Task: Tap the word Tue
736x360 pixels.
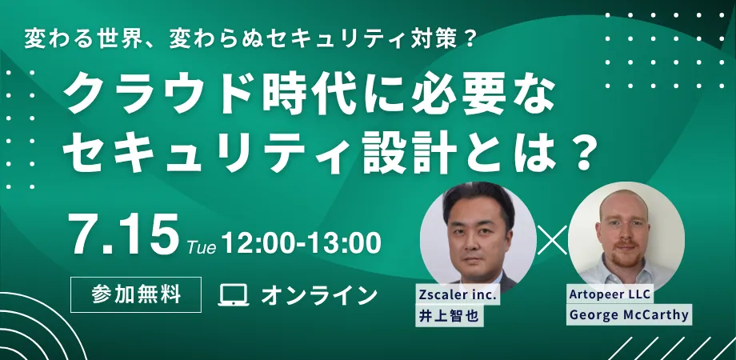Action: pyautogui.click(x=202, y=248)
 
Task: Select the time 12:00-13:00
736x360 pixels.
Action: pyautogui.click(x=301, y=243)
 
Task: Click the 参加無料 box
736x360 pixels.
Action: pyautogui.click(x=136, y=294)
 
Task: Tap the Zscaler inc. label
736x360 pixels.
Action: pyautogui.click(x=458, y=295)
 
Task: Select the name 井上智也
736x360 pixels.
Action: pyautogui.click(x=449, y=316)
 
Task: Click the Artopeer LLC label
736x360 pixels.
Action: pyautogui.click(x=610, y=294)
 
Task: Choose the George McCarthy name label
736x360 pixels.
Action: pyautogui.click(x=629, y=314)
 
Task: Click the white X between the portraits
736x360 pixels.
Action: pyautogui.click(x=552, y=240)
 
